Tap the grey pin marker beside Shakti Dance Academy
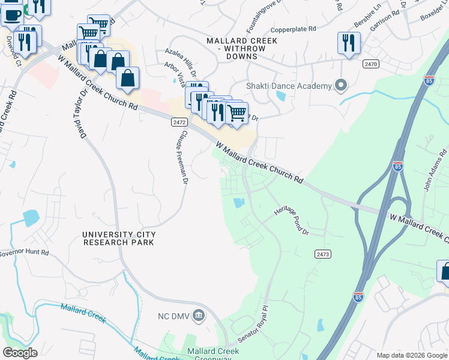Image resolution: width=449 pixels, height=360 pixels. [341, 86]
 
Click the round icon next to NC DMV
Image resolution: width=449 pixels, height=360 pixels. [200, 314]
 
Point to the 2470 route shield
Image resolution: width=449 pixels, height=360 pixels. [370, 63]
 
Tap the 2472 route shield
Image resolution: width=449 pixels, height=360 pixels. [178, 122]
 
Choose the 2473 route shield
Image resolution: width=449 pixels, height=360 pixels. [322, 254]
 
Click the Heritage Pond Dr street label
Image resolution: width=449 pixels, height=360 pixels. [292, 221]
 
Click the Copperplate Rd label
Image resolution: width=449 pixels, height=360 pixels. [293, 28]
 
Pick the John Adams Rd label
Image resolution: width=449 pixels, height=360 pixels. [433, 175]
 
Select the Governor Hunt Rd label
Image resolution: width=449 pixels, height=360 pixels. [24, 253]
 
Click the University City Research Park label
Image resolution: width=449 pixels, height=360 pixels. [119, 238]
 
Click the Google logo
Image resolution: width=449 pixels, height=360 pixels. [20, 353]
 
